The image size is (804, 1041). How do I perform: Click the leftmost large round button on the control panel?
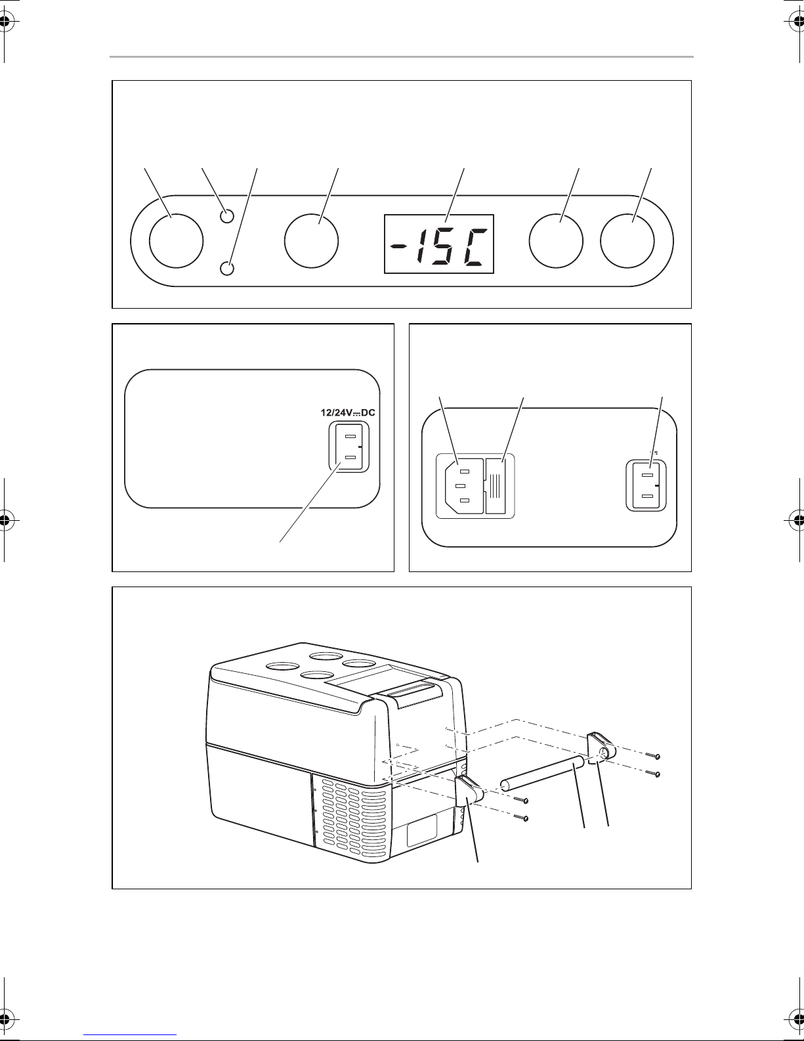click(x=176, y=241)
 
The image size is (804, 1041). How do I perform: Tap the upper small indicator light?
click(x=227, y=216)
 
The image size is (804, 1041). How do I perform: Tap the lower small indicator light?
click(x=227, y=268)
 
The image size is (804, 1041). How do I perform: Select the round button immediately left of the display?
click(x=311, y=241)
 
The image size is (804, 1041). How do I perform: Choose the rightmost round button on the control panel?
click(x=627, y=241)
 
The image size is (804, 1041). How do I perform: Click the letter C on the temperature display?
click(x=475, y=247)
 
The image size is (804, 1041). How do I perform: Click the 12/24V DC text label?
click(x=347, y=412)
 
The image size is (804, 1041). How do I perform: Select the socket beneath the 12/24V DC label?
click(x=349, y=447)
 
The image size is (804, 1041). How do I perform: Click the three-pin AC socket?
click(x=464, y=486)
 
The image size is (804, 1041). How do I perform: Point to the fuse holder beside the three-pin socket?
click(x=496, y=486)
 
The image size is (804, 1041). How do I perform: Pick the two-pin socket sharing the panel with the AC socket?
click(x=646, y=486)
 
